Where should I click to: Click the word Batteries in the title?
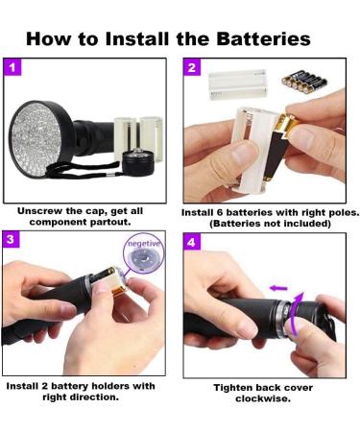[x=258, y=38]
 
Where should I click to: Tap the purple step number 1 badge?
[x=12, y=68]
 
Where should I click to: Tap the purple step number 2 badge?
[x=191, y=68]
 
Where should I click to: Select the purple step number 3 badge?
[x=12, y=238]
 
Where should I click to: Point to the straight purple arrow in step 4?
[x=278, y=286]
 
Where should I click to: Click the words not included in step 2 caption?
[x=289, y=223]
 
